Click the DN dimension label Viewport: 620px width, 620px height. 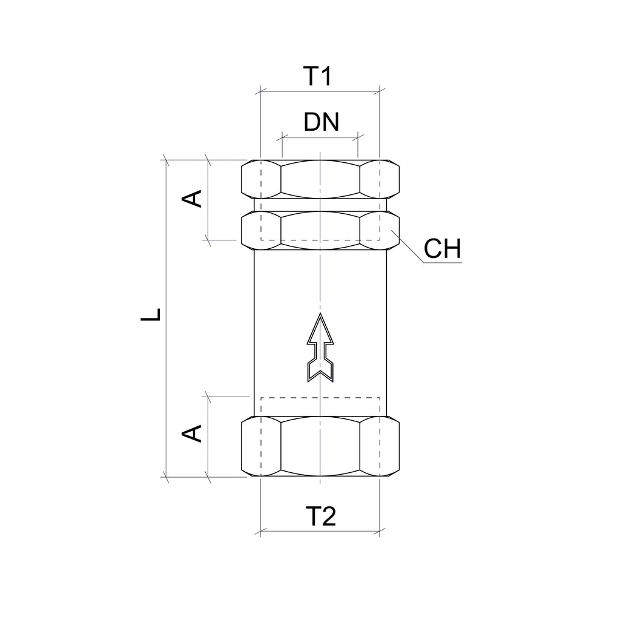tap(321, 122)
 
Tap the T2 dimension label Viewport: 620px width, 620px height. tap(321, 516)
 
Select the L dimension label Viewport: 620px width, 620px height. tap(151, 314)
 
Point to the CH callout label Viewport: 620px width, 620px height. tap(442, 248)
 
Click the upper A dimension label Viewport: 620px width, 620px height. tap(192, 199)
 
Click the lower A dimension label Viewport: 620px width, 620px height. tap(192, 434)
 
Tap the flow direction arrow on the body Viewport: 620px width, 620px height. tap(320, 348)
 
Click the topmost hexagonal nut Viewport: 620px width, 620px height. tap(320, 179)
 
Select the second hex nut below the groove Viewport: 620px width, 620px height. tap(320, 230)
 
